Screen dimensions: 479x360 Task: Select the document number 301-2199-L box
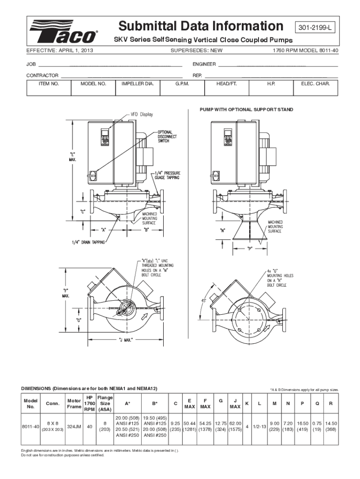(x=316, y=28)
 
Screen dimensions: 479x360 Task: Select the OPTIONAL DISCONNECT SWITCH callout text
(x=167, y=136)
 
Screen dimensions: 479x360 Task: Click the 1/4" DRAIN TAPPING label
(x=88, y=242)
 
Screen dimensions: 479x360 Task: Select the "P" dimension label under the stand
(x=250, y=249)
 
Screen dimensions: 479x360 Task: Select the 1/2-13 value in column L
(x=259, y=427)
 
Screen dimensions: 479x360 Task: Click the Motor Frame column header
(x=74, y=404)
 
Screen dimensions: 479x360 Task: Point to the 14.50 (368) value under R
(x=331, y=427)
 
